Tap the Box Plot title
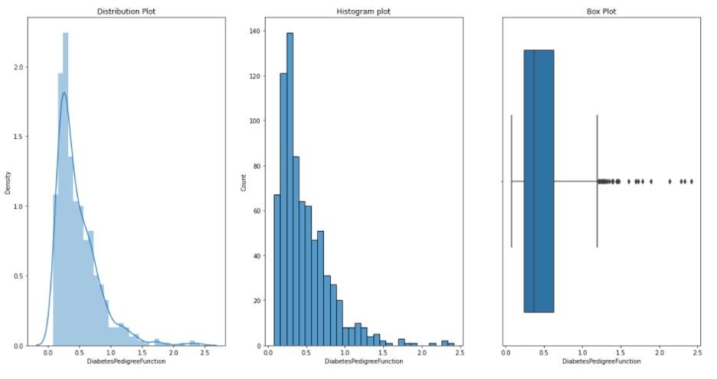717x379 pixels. point(600,12)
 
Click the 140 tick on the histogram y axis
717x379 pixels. point(255,31)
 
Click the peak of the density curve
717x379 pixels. point(64,93)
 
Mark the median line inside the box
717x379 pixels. point(534,181)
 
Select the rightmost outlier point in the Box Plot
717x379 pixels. point(691,182)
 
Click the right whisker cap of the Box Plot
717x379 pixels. point(597,181)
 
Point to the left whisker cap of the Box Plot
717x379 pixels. point(512,181)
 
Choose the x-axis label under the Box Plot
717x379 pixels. point(600,361)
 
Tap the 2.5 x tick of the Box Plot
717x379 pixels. point(697,352)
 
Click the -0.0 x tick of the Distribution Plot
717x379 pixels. point(48,352)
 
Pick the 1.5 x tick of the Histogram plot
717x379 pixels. point(383,352)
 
